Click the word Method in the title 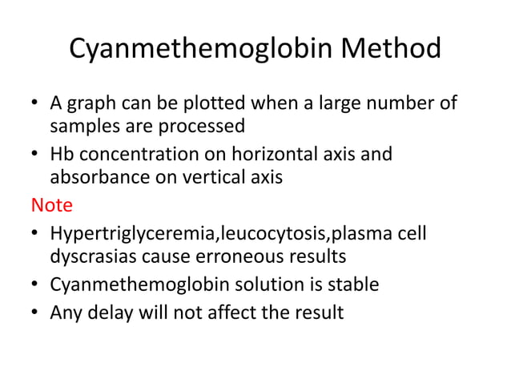point(391,49)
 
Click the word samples point(81,127)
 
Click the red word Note point(52,204)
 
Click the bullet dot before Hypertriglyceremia point(36,234)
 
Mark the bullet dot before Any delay point(36,311)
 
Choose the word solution point(249,284)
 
